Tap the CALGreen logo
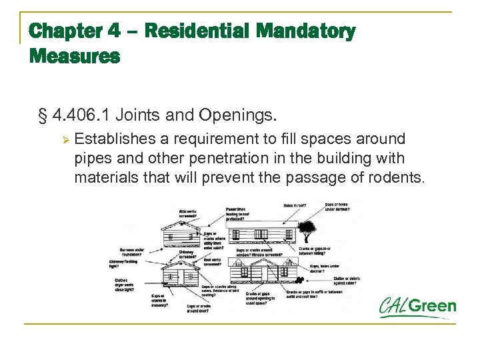[417, 308]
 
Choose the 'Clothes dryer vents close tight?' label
[126, 284]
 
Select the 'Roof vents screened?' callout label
[213, 261]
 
